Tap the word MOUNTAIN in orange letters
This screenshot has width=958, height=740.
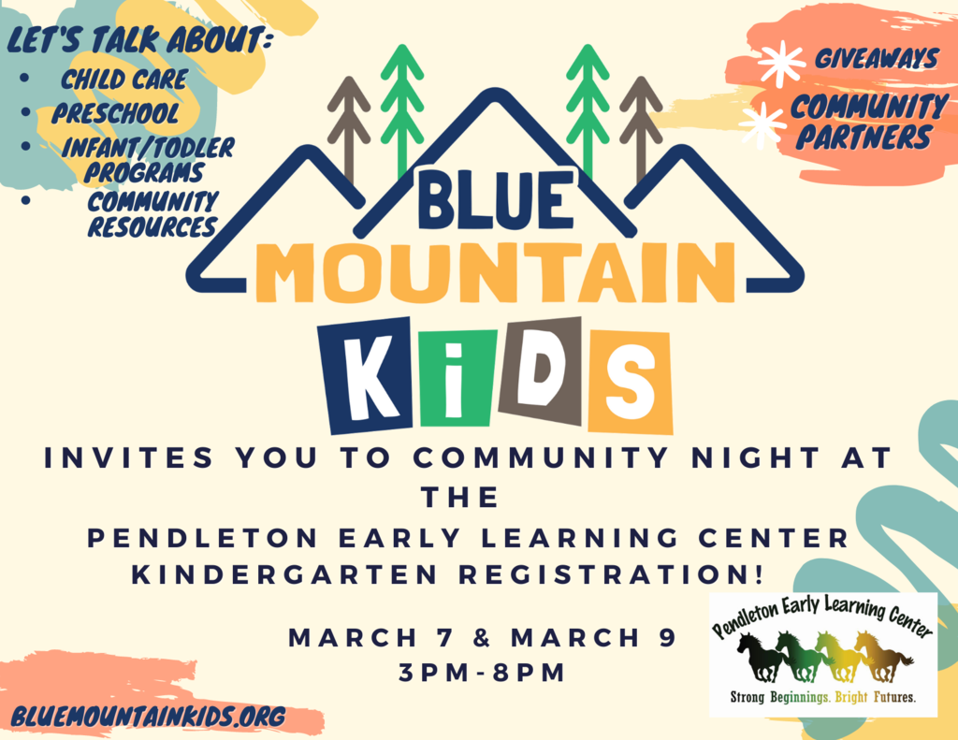[x=496, y=272]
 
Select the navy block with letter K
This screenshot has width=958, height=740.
[x=365, y=374]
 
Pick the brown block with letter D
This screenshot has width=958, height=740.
[x=541, y=370]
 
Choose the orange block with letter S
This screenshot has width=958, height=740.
[x=630, y=382]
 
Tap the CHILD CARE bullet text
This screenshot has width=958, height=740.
[x=124, y=80]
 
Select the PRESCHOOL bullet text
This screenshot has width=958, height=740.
[x=115, y=113]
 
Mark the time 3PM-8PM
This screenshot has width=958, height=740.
[x=482, y=673]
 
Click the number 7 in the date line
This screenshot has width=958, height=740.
[x=445, y=638]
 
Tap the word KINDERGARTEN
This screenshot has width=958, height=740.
[x=285, y=574]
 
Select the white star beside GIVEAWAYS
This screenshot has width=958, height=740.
[x=781, y=63]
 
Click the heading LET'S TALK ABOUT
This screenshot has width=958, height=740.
[x=140, y=40]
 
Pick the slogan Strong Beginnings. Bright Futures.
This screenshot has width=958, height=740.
[x=823, y=697]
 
